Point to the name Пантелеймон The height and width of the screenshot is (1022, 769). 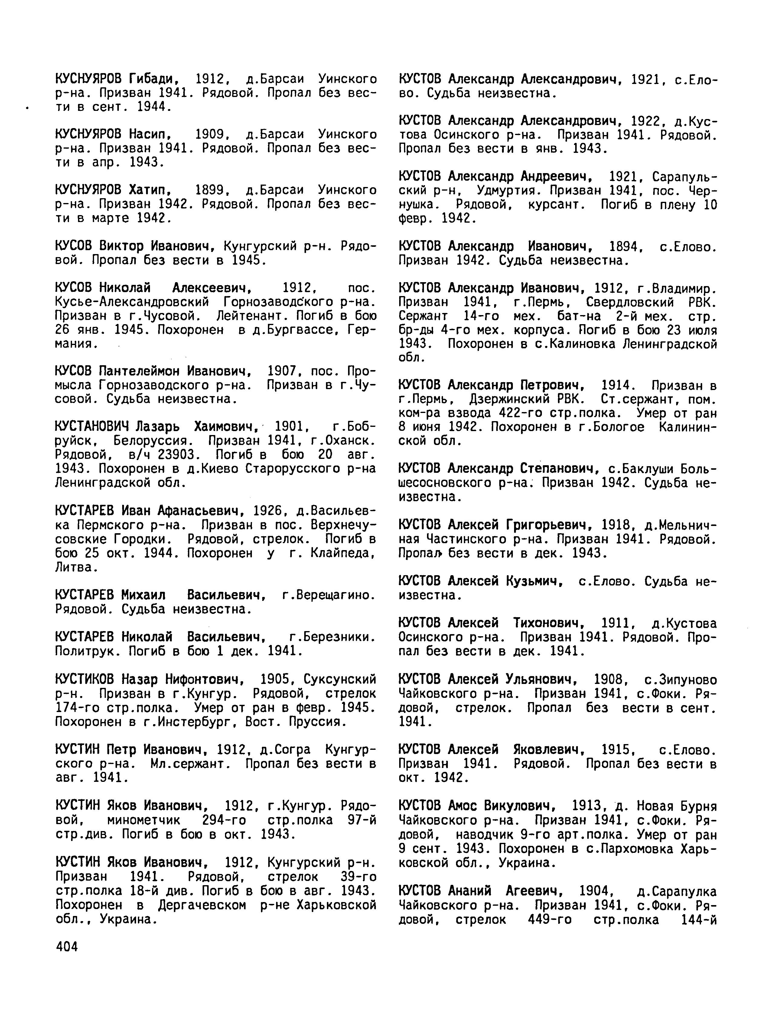pos(140,371)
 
